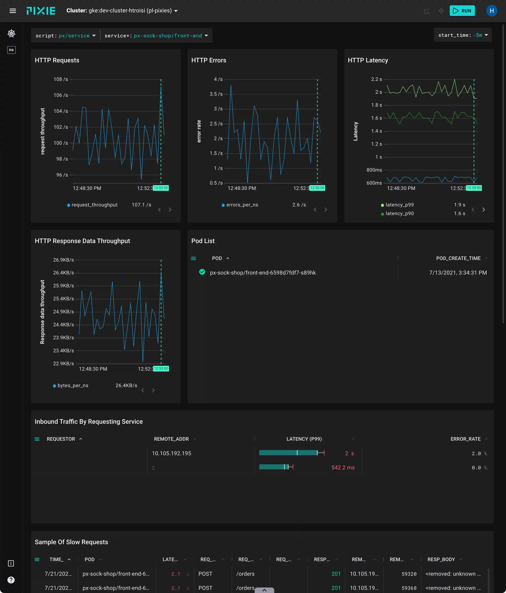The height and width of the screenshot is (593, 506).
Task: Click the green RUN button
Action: tap(462, 11)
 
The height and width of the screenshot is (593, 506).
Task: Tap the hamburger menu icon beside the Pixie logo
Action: tap(13, 11)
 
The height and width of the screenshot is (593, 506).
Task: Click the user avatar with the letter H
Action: tap(491, 11)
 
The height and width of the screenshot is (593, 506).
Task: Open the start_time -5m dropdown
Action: tap(463, 35)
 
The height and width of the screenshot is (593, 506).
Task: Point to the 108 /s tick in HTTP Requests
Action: tap(61, 79)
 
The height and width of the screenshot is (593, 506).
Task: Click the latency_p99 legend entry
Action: tap(399, 205)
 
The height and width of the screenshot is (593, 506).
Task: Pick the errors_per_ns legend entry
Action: tap(242, 205)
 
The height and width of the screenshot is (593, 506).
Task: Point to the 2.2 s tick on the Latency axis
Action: tap(376, 79)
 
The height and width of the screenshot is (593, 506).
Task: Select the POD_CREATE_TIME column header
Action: tap(458, 258)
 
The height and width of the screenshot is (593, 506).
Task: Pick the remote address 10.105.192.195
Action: tap(171, 453)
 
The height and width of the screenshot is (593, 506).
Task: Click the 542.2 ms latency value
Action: tap(343, 468)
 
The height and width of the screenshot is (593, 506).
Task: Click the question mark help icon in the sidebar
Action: tap(11, 580)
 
